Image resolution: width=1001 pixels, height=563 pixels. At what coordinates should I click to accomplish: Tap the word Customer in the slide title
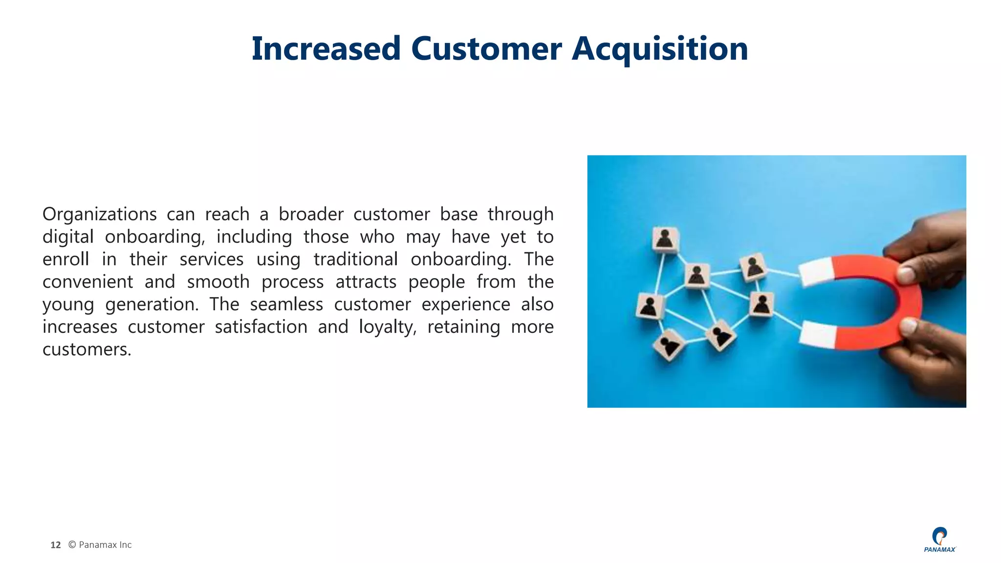tap(486, 49)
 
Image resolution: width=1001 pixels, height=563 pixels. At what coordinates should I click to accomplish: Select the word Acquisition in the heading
tap(660, 49)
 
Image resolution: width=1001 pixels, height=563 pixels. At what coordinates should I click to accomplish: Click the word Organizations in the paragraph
tap(99, 215)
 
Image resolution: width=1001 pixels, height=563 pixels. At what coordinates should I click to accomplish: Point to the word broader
tap(311, 215)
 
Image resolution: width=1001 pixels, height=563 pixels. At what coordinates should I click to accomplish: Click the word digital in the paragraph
tap(68, 237)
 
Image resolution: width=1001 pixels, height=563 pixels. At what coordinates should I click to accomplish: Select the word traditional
tap(355, 260)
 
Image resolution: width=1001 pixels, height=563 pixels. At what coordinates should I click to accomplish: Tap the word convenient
tap(87, 282)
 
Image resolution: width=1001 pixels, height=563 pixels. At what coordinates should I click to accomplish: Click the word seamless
tap(286, 304)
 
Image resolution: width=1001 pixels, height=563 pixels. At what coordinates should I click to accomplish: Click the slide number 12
tap(56, 545)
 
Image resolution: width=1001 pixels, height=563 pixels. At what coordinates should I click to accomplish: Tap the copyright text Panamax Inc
tap(105, 545)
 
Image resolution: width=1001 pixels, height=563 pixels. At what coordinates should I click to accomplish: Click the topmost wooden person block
tap(665, 239)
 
